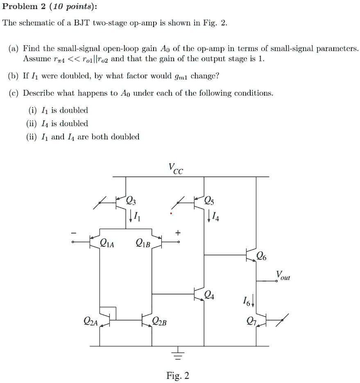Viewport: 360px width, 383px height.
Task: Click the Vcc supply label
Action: click(x=176, y=168)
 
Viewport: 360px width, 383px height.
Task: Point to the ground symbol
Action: click(x=177, y=354)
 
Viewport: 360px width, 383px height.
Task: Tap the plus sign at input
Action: click(x=177, y=232)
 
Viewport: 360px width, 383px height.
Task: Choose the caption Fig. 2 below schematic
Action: click(x=177, y=375)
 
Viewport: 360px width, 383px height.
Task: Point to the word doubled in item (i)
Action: click(x=74, y=110)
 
